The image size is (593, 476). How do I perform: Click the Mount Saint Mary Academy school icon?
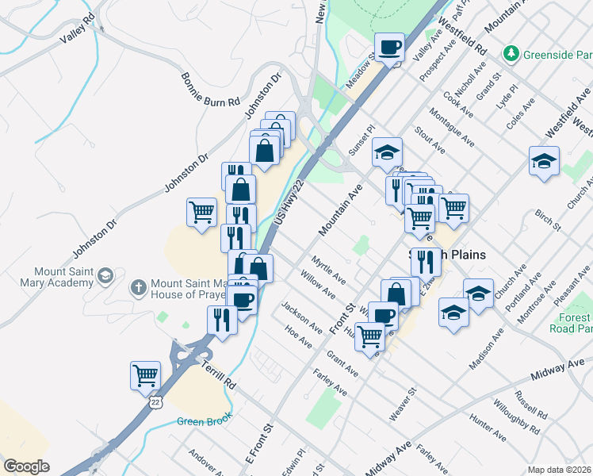pos(105,276)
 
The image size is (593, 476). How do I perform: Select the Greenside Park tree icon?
pos(512,54)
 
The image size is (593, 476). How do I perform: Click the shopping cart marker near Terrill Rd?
pos(145,375)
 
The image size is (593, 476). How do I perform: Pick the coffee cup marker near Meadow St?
pos(389,48)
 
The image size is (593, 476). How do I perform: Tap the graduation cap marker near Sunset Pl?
pos(387,152)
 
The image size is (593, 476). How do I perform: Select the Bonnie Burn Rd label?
pos(210,90)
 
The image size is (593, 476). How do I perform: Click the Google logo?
pos(26,466)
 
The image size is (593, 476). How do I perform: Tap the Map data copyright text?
pos(559,469)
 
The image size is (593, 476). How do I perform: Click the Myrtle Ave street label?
pos(328,270)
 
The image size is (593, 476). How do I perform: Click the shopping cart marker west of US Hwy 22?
pos(201,213)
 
